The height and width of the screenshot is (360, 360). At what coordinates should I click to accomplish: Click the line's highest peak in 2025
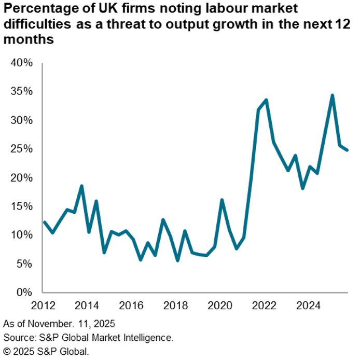(332, 95)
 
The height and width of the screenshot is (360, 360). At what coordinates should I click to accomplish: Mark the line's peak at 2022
(266, 100)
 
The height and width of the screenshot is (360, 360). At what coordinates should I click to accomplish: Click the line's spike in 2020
(221, 200)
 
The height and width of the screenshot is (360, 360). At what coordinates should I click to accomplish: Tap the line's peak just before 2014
(81, 186)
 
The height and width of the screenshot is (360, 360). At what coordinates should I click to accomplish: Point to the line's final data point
(348, 150)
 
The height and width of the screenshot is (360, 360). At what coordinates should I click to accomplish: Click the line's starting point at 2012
(44, 222)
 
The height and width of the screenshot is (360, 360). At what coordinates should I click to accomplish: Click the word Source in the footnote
(17, 338)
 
